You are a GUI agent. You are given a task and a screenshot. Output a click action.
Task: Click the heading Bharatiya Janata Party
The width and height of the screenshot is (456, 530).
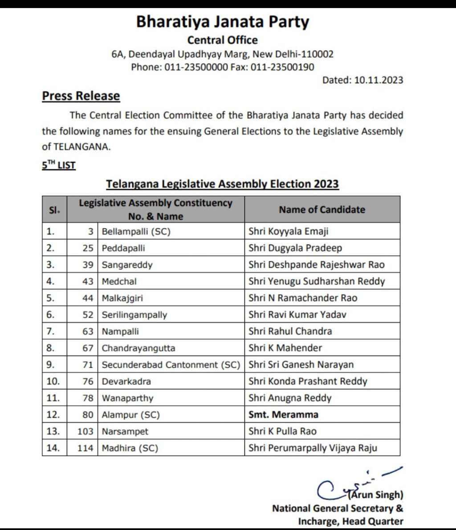click(222, 22)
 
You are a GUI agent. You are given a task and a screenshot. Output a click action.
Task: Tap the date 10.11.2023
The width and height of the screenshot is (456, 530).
click(379, 80)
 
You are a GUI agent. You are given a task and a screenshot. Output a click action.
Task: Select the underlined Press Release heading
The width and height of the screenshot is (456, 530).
click(81, 96)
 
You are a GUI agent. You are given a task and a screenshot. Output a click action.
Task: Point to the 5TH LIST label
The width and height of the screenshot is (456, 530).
click(59, 165)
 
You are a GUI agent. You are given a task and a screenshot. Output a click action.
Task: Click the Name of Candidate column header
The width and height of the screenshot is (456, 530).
click(322, 210)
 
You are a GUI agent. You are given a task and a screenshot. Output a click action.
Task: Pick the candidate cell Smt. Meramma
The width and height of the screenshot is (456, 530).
click(283, 415)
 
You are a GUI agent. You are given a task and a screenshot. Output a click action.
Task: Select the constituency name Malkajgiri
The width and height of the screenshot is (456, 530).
click(122, 298)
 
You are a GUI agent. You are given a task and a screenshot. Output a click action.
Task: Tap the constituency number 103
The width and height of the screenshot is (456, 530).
click(85, 431)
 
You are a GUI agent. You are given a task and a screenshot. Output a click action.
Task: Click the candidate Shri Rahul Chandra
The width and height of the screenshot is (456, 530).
click(290, 331)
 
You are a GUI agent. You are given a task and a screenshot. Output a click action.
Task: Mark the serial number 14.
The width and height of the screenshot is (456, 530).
click(53, 448)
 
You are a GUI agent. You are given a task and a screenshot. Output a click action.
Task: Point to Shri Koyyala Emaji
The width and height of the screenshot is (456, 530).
click(289, 231)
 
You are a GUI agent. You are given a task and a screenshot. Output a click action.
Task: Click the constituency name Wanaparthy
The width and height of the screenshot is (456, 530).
click(127, 398)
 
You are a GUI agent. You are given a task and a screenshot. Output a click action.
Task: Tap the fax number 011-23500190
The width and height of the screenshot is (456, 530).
click(282, 67)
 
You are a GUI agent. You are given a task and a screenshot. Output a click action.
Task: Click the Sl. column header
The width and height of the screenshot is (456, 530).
click(54, 210)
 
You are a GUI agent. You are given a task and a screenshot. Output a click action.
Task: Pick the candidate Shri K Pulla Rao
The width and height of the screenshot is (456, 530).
click(282, 431)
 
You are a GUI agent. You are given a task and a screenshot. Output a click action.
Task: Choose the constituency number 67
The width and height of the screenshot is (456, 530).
click(88, 348)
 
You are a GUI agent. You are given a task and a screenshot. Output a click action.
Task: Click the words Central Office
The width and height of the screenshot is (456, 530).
click(222, 40)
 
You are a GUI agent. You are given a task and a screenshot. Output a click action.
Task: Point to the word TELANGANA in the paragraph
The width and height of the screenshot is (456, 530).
click(81, 147)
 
